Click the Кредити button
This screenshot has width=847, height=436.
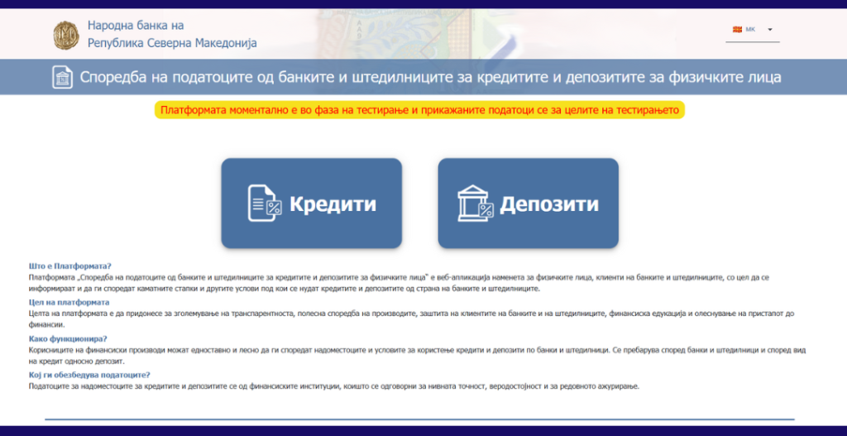click(311, 204)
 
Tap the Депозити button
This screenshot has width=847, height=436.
click(528, 204)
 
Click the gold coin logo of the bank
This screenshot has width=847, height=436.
click(66, 35)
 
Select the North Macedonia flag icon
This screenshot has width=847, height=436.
click(737, 29)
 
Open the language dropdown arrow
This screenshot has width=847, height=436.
click(770, 30)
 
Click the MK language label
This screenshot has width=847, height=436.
click(750, 29)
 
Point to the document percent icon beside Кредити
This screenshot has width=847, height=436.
click(265, 204)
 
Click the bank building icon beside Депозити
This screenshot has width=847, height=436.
click(476, 204)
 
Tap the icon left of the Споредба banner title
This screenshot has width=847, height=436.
click(63, 77)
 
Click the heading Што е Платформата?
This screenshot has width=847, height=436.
click(69, 266)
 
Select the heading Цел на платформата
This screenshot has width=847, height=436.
click(69, 302)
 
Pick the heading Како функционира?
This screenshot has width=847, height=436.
click(68, 338)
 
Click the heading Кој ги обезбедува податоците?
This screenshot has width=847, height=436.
click(89, 375)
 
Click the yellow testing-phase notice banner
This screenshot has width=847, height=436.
click(419, 110)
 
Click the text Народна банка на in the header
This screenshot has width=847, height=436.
click(136, 26)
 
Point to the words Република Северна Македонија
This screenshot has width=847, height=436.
click(172, 43)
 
